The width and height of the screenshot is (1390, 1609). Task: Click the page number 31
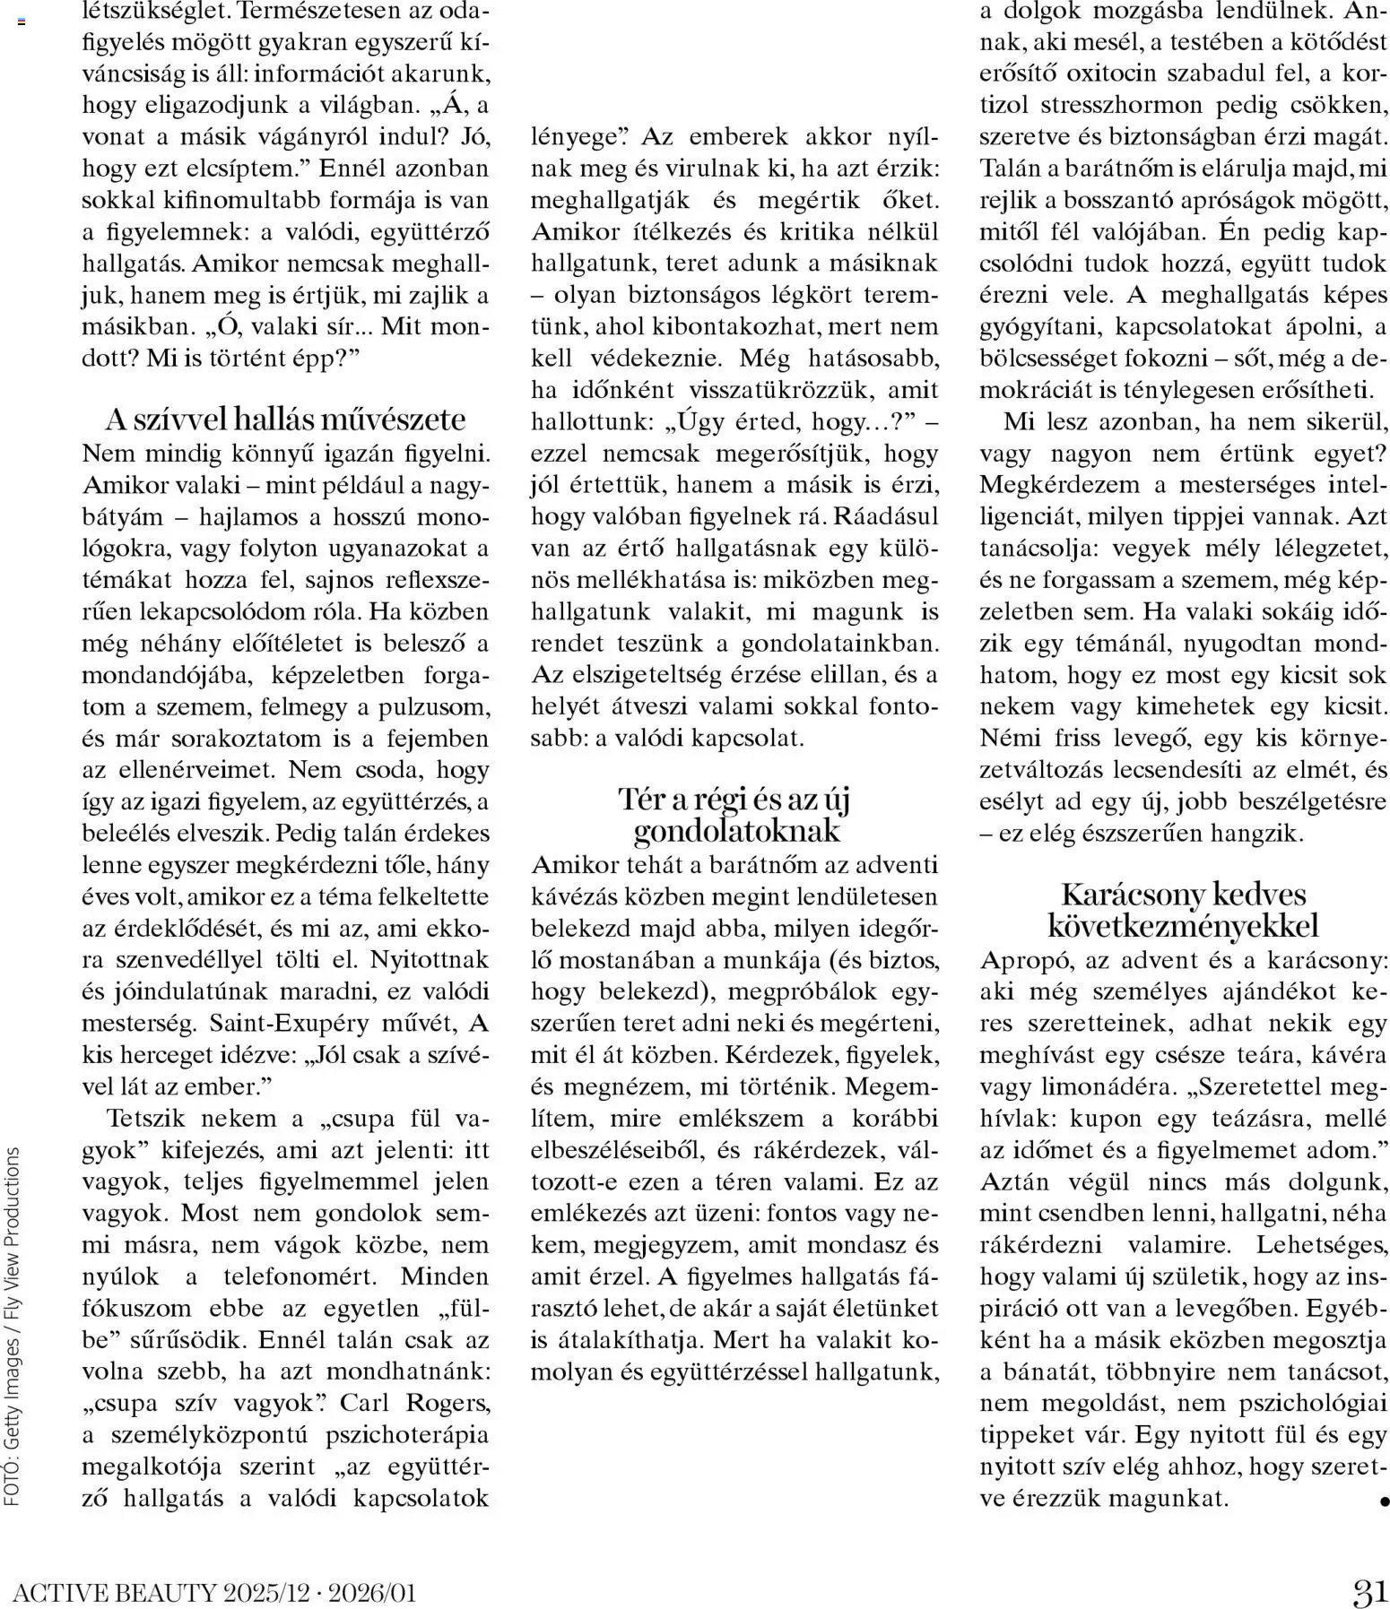point(1369,1591)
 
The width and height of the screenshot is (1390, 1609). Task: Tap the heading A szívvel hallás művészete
point(286,419)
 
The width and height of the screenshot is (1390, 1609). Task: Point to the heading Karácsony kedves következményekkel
point(1183,909)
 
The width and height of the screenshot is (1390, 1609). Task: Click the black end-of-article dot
point(1385,1500)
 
